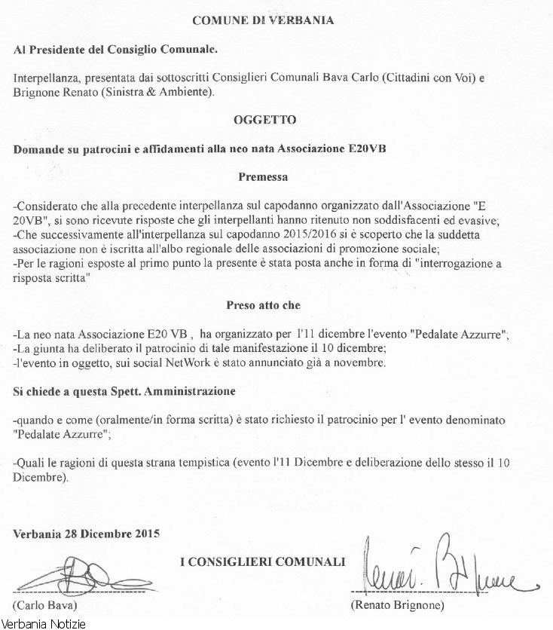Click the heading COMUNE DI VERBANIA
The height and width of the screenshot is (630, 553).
point(263,20)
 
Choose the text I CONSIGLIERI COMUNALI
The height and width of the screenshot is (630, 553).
point(263,561)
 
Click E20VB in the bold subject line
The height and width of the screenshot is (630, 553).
point(386,148)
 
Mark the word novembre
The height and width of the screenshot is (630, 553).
point(360,363)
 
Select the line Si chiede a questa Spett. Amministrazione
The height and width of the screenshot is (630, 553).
point(125,393)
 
